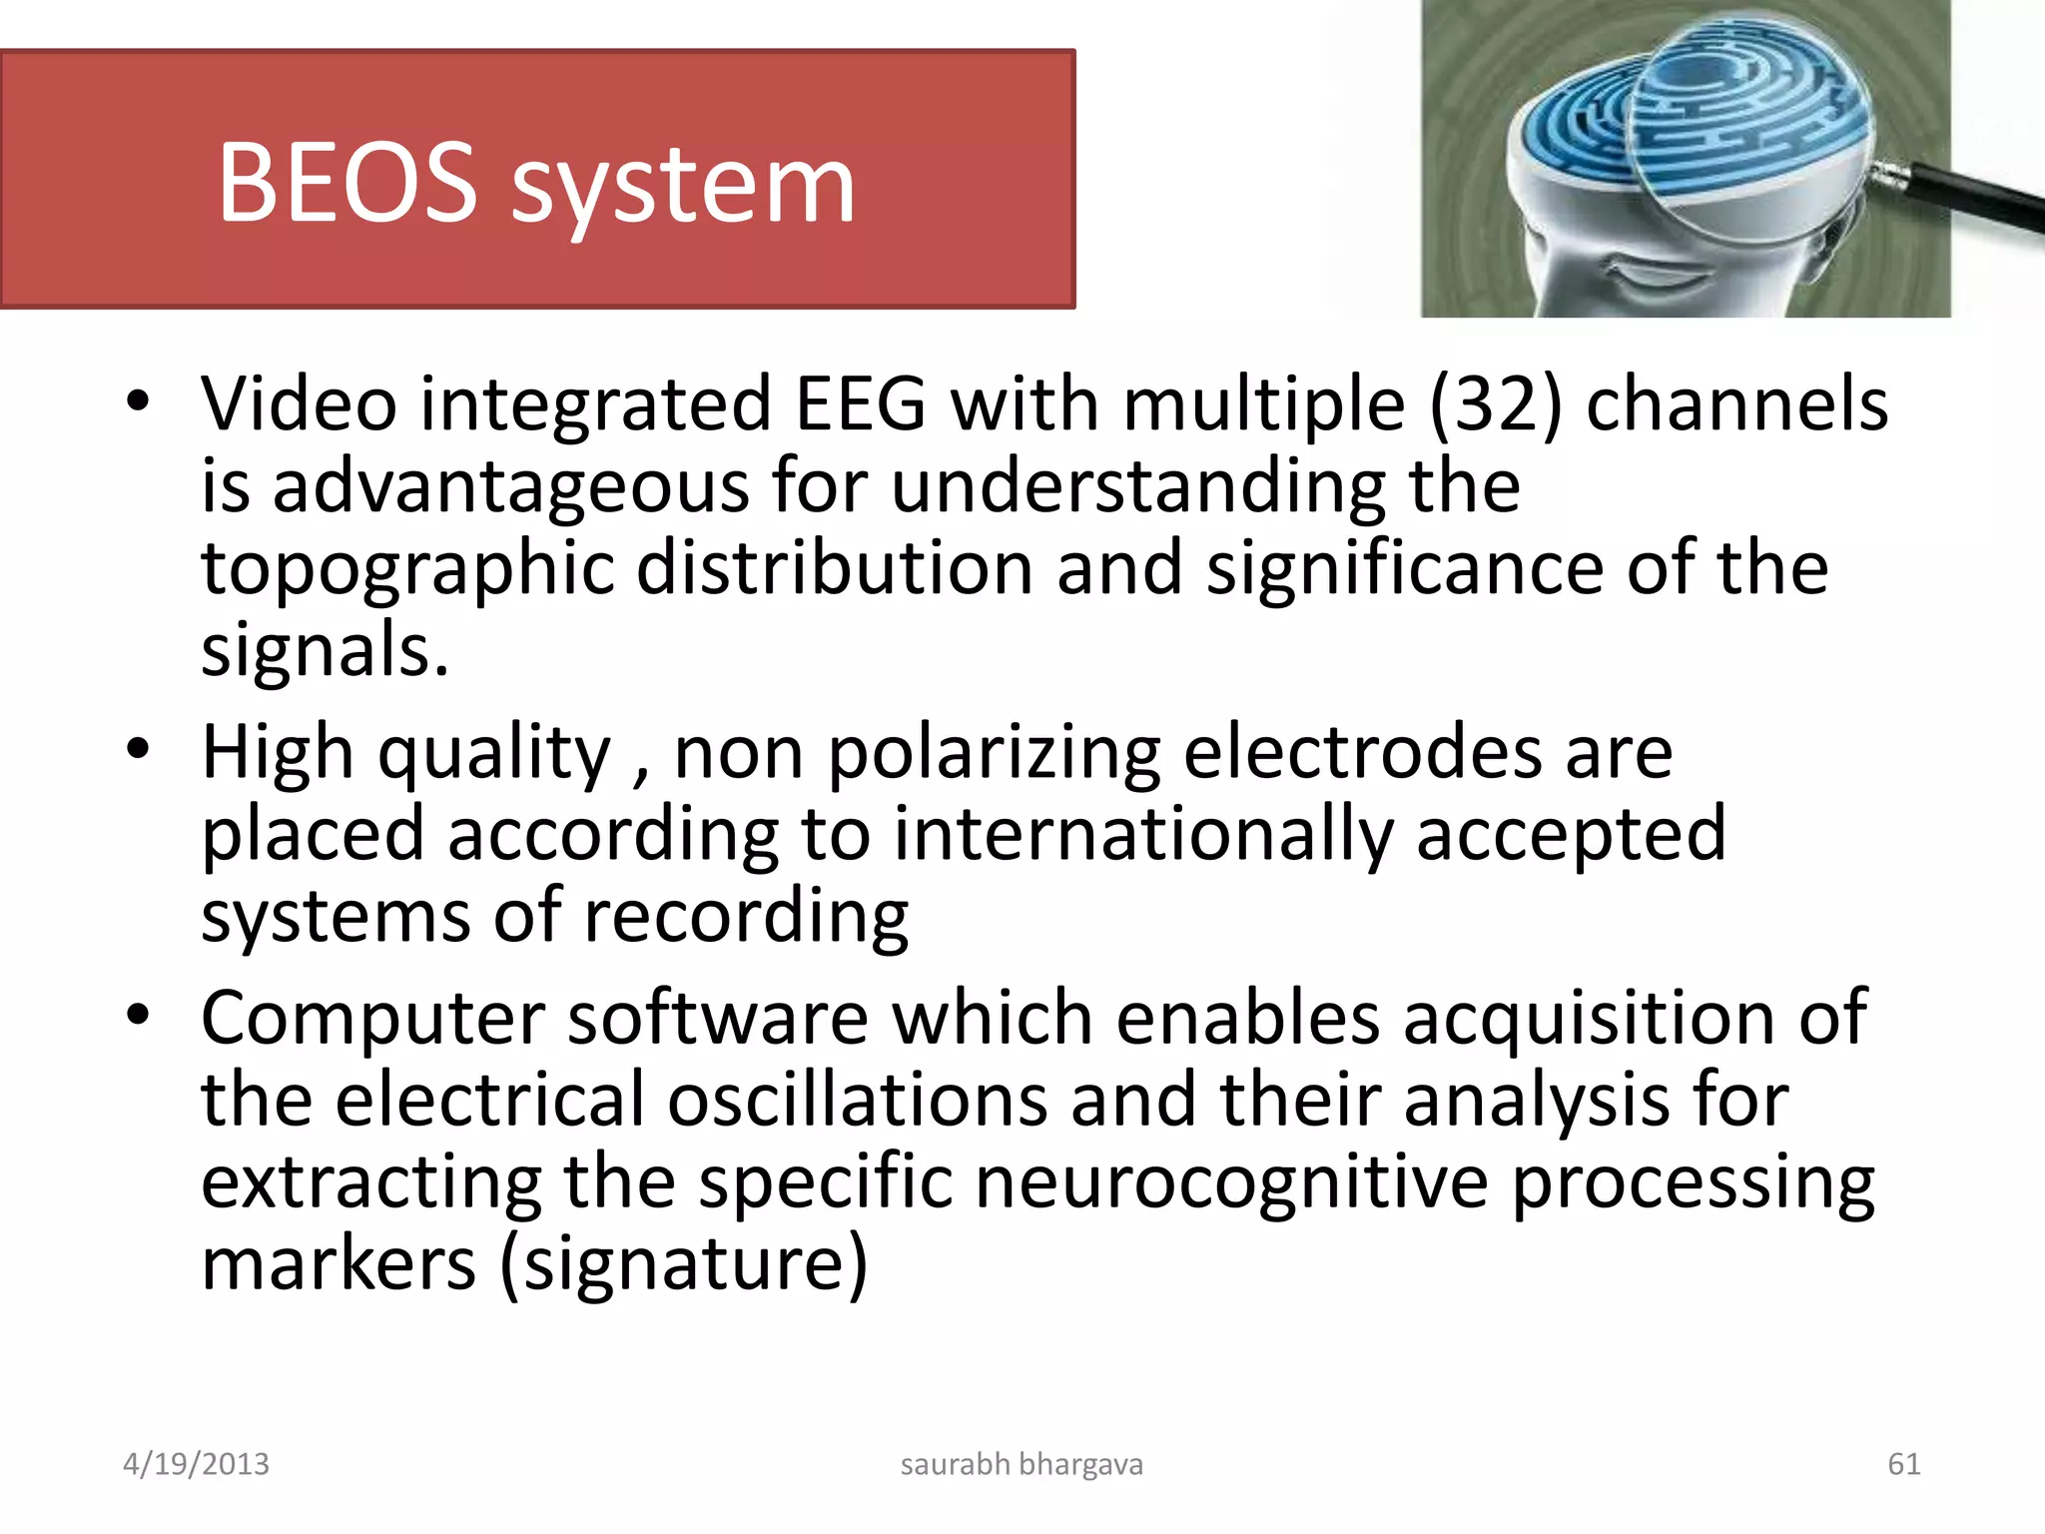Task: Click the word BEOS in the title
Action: click(347, 183)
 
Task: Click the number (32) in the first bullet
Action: click(1495, 404)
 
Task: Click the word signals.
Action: click(325, 651)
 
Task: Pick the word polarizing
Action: click(995, 755)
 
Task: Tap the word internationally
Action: click(1142, 835)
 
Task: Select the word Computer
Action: click(373, 1019)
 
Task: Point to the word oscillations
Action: click(857, 1101)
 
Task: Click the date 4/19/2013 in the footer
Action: click(196, 1464)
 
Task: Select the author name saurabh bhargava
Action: click(1022, 1464)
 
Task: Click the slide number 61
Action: click(1903, 1464)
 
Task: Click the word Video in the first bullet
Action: click(300, 404)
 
